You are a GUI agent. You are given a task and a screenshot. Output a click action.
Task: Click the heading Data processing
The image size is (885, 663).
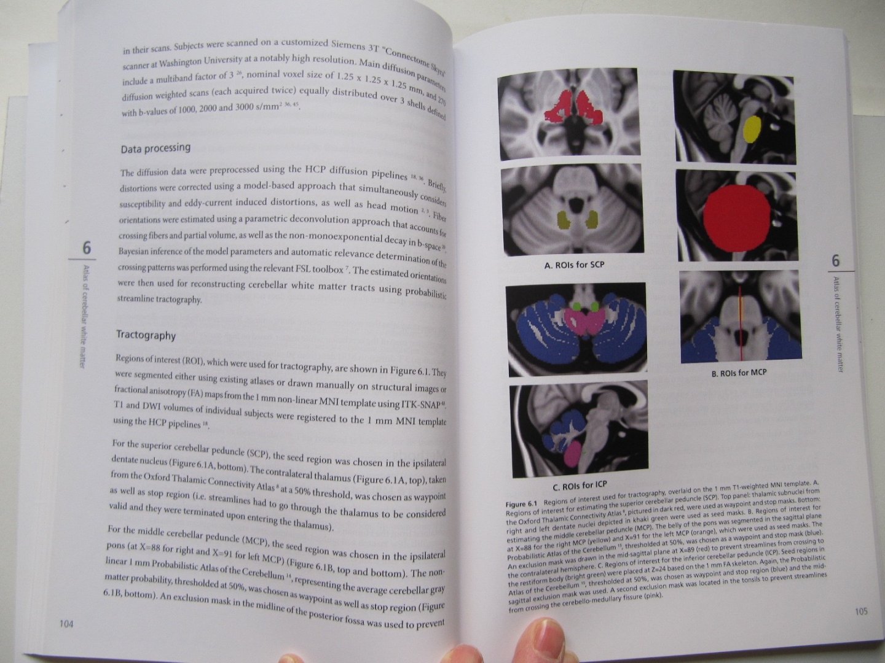point(155,149)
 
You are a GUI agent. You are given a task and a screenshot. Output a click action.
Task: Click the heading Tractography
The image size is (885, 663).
point(146,335)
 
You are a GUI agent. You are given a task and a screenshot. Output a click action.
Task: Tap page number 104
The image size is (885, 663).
point(66,624)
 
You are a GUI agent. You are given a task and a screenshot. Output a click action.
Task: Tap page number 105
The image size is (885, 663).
point(861,611)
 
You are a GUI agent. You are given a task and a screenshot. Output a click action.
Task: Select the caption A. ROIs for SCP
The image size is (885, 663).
point(574,265)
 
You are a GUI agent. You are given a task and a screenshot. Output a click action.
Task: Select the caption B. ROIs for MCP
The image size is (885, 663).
point(739,373)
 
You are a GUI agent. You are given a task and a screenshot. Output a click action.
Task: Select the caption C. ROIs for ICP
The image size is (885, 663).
point(580,486)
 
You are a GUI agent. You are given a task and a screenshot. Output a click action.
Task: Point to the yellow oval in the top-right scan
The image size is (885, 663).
point(752,129)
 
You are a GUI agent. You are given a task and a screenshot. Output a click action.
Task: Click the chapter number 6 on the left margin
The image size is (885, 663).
point(87,247)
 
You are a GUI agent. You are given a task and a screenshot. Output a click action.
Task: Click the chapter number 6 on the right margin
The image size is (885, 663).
point(835,261)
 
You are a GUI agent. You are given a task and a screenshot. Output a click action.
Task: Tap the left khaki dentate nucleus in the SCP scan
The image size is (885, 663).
point(564,220)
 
